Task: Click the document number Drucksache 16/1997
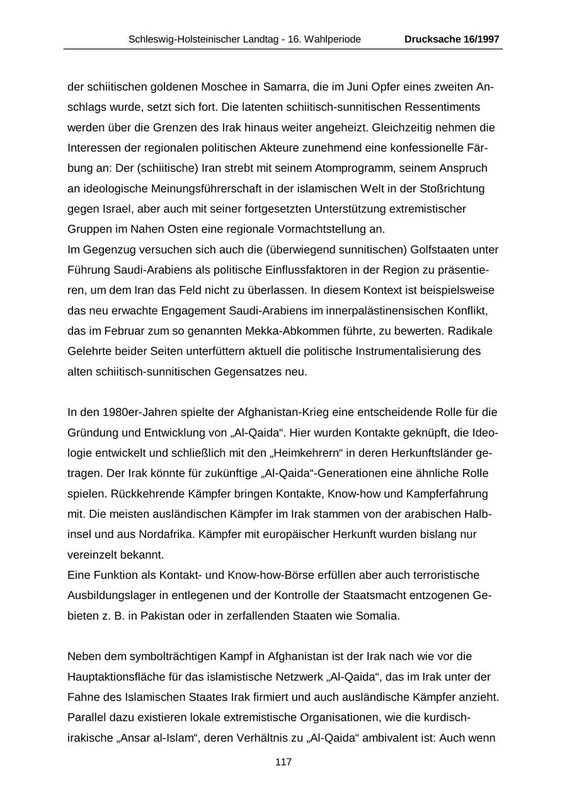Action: pyautogui.click(x=452, y=39)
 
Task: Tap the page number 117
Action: pyautogui.click(x=283, y=762)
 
